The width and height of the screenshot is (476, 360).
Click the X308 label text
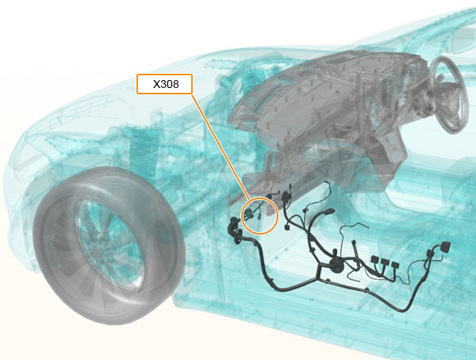[x=166, y=84]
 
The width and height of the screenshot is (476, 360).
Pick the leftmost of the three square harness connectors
[x=374, y=260]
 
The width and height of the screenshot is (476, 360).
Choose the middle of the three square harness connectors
[x=385, y=262]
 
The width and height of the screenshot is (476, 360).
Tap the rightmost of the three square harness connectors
[x=394, y=265]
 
